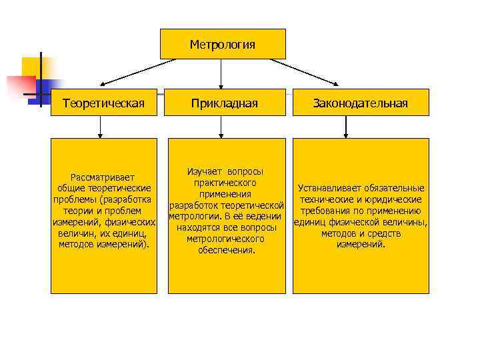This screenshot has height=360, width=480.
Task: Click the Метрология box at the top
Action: click(223, 45)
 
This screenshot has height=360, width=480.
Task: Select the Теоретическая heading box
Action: click(103, 103)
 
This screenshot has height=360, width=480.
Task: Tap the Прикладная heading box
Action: click(224, 103)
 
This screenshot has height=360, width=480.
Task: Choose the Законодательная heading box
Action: click(361, 103)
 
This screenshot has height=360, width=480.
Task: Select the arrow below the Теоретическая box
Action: click(100, 126)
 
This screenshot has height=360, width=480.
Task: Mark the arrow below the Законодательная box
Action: click(346, 126)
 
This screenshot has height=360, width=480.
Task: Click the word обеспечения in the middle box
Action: click(226, 251)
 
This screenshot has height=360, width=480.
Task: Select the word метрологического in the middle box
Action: click(225, 239)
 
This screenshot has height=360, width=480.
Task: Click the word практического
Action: click(226, 183)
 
